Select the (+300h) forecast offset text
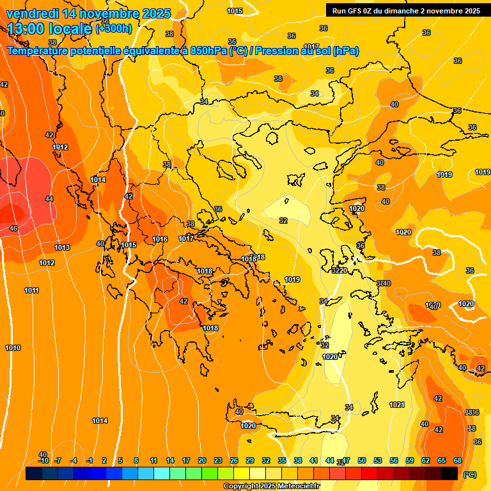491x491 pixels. tap(114, 28)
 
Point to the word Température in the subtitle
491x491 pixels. tap(40, 51)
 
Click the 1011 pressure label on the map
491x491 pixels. tap(32, 291)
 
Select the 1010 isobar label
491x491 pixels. tap(13, 348)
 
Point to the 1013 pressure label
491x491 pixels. tap(62, 248)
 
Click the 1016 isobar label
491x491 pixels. tap(160, 240)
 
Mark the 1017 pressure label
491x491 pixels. tap(186, 239)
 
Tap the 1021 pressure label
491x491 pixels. tap(397, 405)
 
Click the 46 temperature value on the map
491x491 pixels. tap(13, 228)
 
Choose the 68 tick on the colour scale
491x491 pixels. tap(458, 460)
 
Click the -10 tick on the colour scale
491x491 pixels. tap(43, 460)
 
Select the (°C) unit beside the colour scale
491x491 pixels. tap(469, 474)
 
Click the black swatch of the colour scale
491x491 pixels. tap(449, 474)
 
